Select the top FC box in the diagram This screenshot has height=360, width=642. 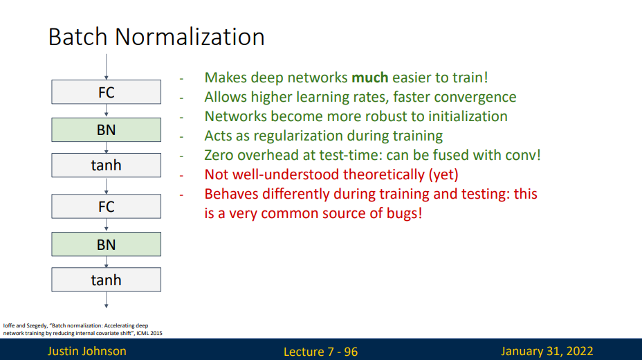point(106,92)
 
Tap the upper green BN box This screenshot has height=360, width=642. point(106,129)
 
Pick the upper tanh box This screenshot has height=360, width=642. point(106,165)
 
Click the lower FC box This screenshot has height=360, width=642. point(106,206)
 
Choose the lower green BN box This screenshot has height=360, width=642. point(106,244)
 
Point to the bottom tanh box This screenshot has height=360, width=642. point(106,280)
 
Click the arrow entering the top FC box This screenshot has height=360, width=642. point(106,66)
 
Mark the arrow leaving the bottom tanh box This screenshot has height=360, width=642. point(106,299)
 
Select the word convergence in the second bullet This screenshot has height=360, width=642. point(477,97)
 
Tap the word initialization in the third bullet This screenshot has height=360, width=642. point(464,116)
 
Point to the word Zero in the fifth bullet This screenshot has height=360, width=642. point(220,155)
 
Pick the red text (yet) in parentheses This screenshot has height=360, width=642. point(443,174)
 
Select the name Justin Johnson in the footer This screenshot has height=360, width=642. point(86,351)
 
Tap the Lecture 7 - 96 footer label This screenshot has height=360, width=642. point(320,352)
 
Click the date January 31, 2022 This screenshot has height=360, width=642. point(547,351)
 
